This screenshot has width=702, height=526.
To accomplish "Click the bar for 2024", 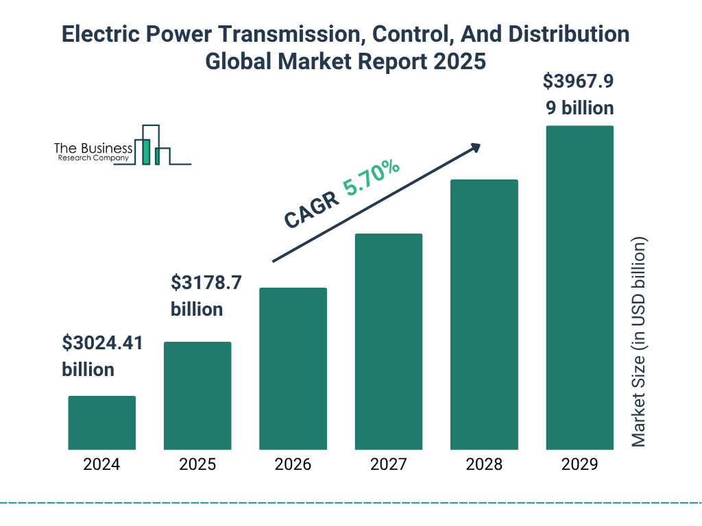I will coord(101,423).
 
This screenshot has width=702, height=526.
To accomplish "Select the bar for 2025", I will coord(197,395).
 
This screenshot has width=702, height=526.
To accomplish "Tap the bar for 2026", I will coord(293,368).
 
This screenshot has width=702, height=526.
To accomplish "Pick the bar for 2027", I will coord(388,341).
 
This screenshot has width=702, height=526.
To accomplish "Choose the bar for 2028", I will coord(484,314).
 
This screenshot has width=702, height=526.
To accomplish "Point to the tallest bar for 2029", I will coord(579,288).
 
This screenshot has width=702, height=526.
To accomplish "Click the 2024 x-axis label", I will coord(101,464).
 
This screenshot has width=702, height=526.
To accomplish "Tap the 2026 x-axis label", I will coord(293,464).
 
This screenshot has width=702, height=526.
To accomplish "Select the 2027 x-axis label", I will coord(388,464).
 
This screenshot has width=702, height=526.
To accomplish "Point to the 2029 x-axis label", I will coord(579,464).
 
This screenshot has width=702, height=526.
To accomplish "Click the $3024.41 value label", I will coord(102,342).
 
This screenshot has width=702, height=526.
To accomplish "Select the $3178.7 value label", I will coord(206,282).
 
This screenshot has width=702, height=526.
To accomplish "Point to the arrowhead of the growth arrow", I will coord(474,147).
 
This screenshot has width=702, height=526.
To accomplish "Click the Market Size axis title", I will coord(639,342).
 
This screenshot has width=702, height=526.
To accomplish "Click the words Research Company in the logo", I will coord(93,158).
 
